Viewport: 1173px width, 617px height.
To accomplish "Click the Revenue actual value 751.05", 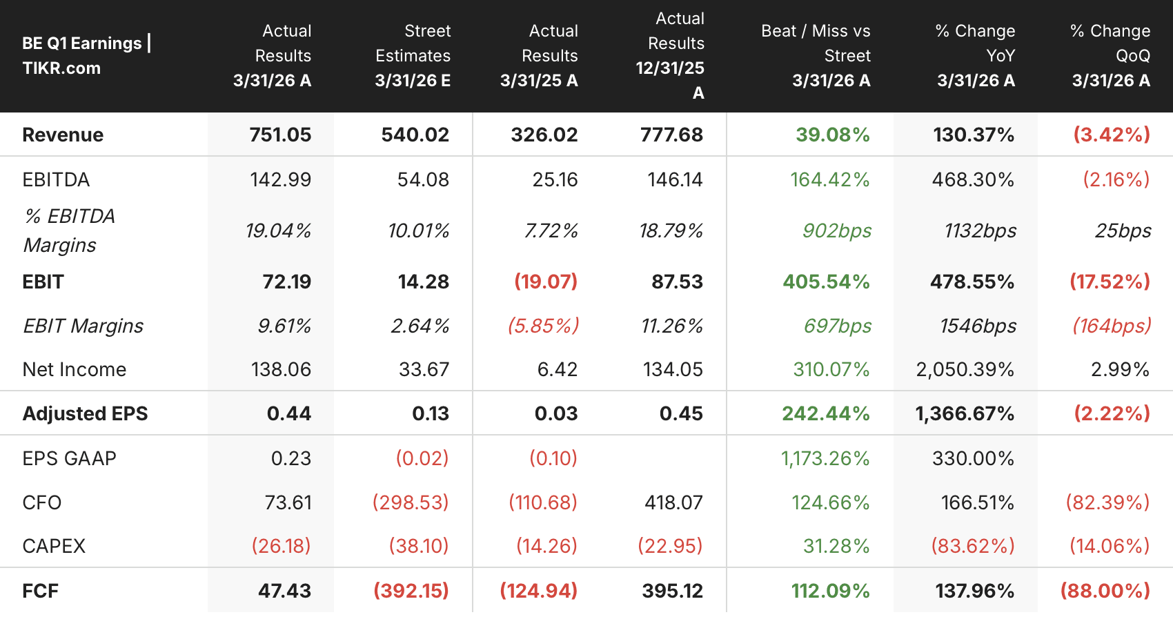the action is click(x=280, y=135).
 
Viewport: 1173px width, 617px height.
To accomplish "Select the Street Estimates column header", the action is click(x=413, y=55).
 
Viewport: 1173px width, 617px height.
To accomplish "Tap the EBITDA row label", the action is click(x=56, y=179).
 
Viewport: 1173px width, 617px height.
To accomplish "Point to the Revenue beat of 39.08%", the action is click(x=833, y=135).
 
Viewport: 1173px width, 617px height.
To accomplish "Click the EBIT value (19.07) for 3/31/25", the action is click(x=546, y=282).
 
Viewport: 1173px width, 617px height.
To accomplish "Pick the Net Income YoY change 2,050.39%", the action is click(x=965, y=370).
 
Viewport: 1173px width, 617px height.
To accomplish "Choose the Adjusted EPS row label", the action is click(x=85, y=414).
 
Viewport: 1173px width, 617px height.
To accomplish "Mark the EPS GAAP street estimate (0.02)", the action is click(x=422, y=458).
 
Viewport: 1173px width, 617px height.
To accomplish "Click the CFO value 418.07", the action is click(x=673, y=503).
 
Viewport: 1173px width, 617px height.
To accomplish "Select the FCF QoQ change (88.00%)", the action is click(x=1105, y=591).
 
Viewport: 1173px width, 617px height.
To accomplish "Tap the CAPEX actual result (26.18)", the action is click(x=282, y=546).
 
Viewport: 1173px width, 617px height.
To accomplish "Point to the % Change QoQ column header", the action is click(x=1111, y=55).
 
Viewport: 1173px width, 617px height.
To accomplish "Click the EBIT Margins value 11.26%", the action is click(x=672, y=326).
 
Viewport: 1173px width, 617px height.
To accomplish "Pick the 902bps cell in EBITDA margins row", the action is click(x=837, y=231).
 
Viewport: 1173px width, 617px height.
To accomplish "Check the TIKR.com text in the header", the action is click(x=61, y=68).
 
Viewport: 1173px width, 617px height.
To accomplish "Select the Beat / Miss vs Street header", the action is click(x=816, y=55).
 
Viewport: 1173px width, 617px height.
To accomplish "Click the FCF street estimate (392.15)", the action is click(x=411, y=591).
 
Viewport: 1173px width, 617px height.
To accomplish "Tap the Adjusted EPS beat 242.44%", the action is click(x=826, y=414).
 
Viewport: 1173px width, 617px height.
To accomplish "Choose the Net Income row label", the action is click(x=75, y=370).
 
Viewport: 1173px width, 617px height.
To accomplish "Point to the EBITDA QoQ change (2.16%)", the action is click(x=1116, y=179).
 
